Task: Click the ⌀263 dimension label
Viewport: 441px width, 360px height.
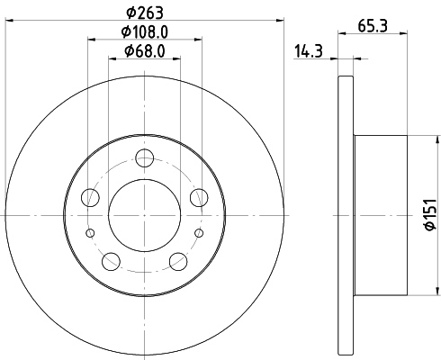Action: tap(145, 13)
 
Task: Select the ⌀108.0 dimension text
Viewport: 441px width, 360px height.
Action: tap(145, 32)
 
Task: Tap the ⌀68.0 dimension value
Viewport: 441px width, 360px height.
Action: tap(145, 51)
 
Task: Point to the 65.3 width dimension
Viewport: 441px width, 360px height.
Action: tap(373, 26)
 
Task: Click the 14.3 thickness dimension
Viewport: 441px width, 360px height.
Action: tap(309, 51)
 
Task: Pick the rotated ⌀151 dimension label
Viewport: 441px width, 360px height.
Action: tap(430, 214)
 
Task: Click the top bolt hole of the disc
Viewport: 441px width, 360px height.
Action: tap(145, 158)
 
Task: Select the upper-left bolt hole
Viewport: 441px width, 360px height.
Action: tap(90, 197)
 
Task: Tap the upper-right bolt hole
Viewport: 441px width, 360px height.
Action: tap(199, 197)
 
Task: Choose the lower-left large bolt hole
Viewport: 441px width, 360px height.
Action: tap(111, 261)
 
